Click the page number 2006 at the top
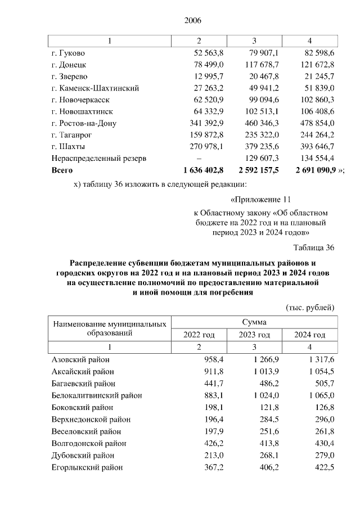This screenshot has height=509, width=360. click(192, 21)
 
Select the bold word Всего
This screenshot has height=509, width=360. click(62, 169)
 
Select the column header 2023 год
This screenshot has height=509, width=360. click(254, 335)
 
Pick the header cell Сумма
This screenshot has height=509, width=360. click(254, 322)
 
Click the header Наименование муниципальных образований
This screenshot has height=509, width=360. click(109, 328)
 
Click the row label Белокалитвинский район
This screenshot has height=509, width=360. click(93, 395)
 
